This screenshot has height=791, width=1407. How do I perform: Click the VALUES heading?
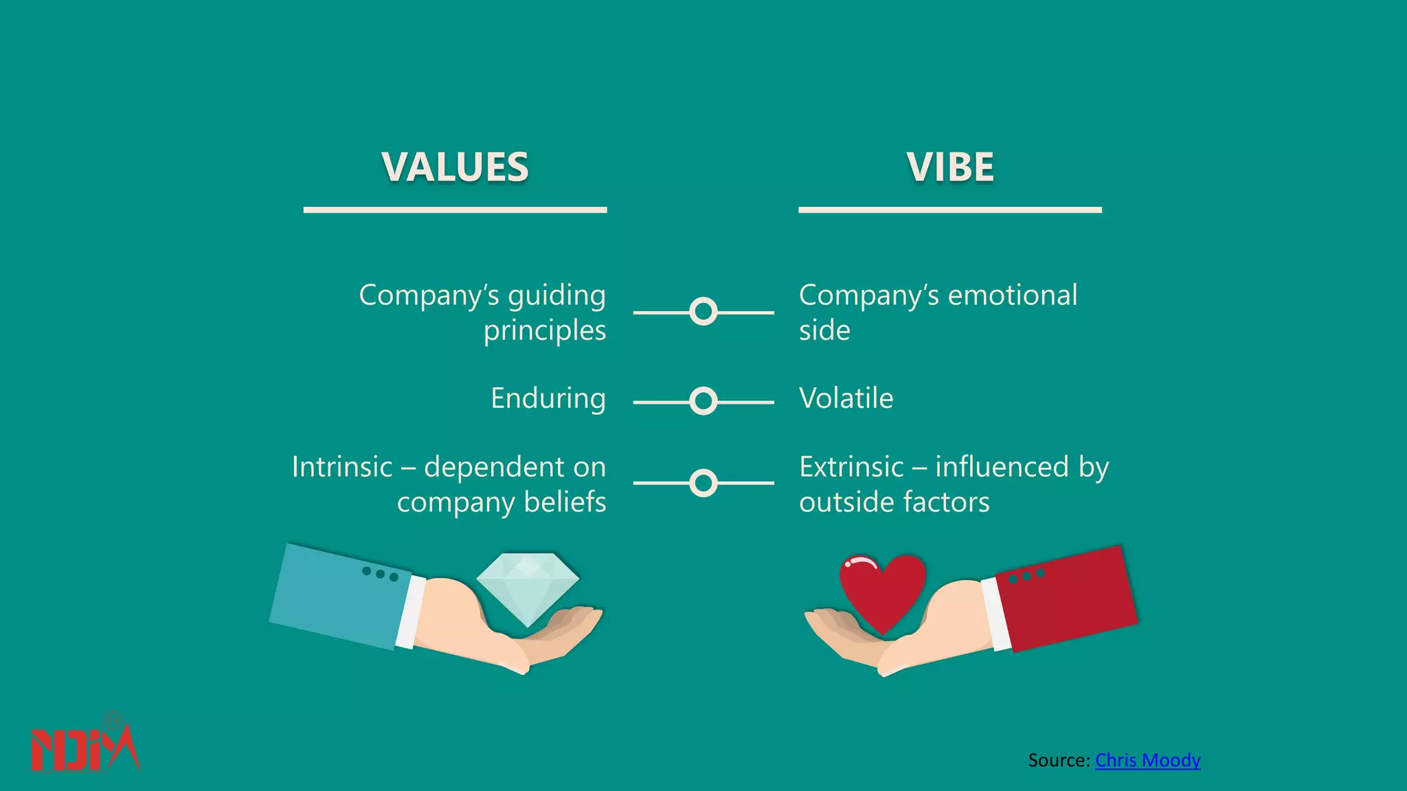(x=455, y=167)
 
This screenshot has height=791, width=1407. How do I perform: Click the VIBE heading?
(x=950, y=167)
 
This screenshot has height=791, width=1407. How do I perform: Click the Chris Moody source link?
(x=1147, y=760)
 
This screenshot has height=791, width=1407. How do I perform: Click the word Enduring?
(x=548, y=398)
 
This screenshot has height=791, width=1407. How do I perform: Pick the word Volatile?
(x=846, y=398)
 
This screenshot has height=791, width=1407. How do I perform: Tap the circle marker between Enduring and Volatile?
(x=703, y=401)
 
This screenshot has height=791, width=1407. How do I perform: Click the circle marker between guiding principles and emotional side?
(x=703, y=312)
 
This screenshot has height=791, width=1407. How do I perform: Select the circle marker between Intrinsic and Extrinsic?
(x=703, y=483)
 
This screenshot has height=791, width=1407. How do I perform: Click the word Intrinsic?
(x=342, y=467)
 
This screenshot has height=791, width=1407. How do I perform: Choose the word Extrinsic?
(x=852, y=467)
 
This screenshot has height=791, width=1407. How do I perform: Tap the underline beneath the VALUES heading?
(x=455, y=209)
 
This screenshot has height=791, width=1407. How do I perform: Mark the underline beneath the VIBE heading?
(x=950, y=209)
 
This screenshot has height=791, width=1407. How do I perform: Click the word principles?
(x=545, y=331)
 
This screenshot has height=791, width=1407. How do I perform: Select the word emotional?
(x=1013, y=295)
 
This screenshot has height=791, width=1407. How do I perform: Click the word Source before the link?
(x=1058, y=760)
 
